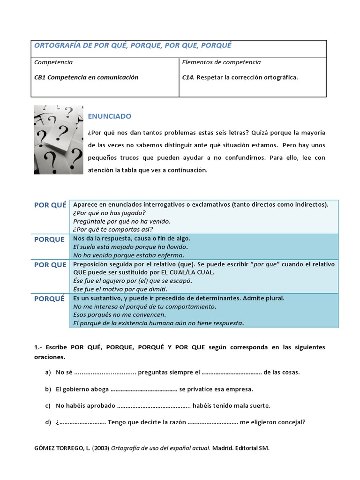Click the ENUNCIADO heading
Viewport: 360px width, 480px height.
(110, 116)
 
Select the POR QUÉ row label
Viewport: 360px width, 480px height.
(50, 205)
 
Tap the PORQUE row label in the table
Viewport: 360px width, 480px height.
(49, 240)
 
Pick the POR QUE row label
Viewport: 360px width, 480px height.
(50, 265)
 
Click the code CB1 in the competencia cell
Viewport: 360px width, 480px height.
(40, 77)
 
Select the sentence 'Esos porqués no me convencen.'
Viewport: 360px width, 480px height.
(119, 315)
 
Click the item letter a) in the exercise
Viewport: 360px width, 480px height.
(48, 372)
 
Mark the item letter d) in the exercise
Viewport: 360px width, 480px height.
(48, 422)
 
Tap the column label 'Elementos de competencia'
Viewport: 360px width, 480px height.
(221, 62)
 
